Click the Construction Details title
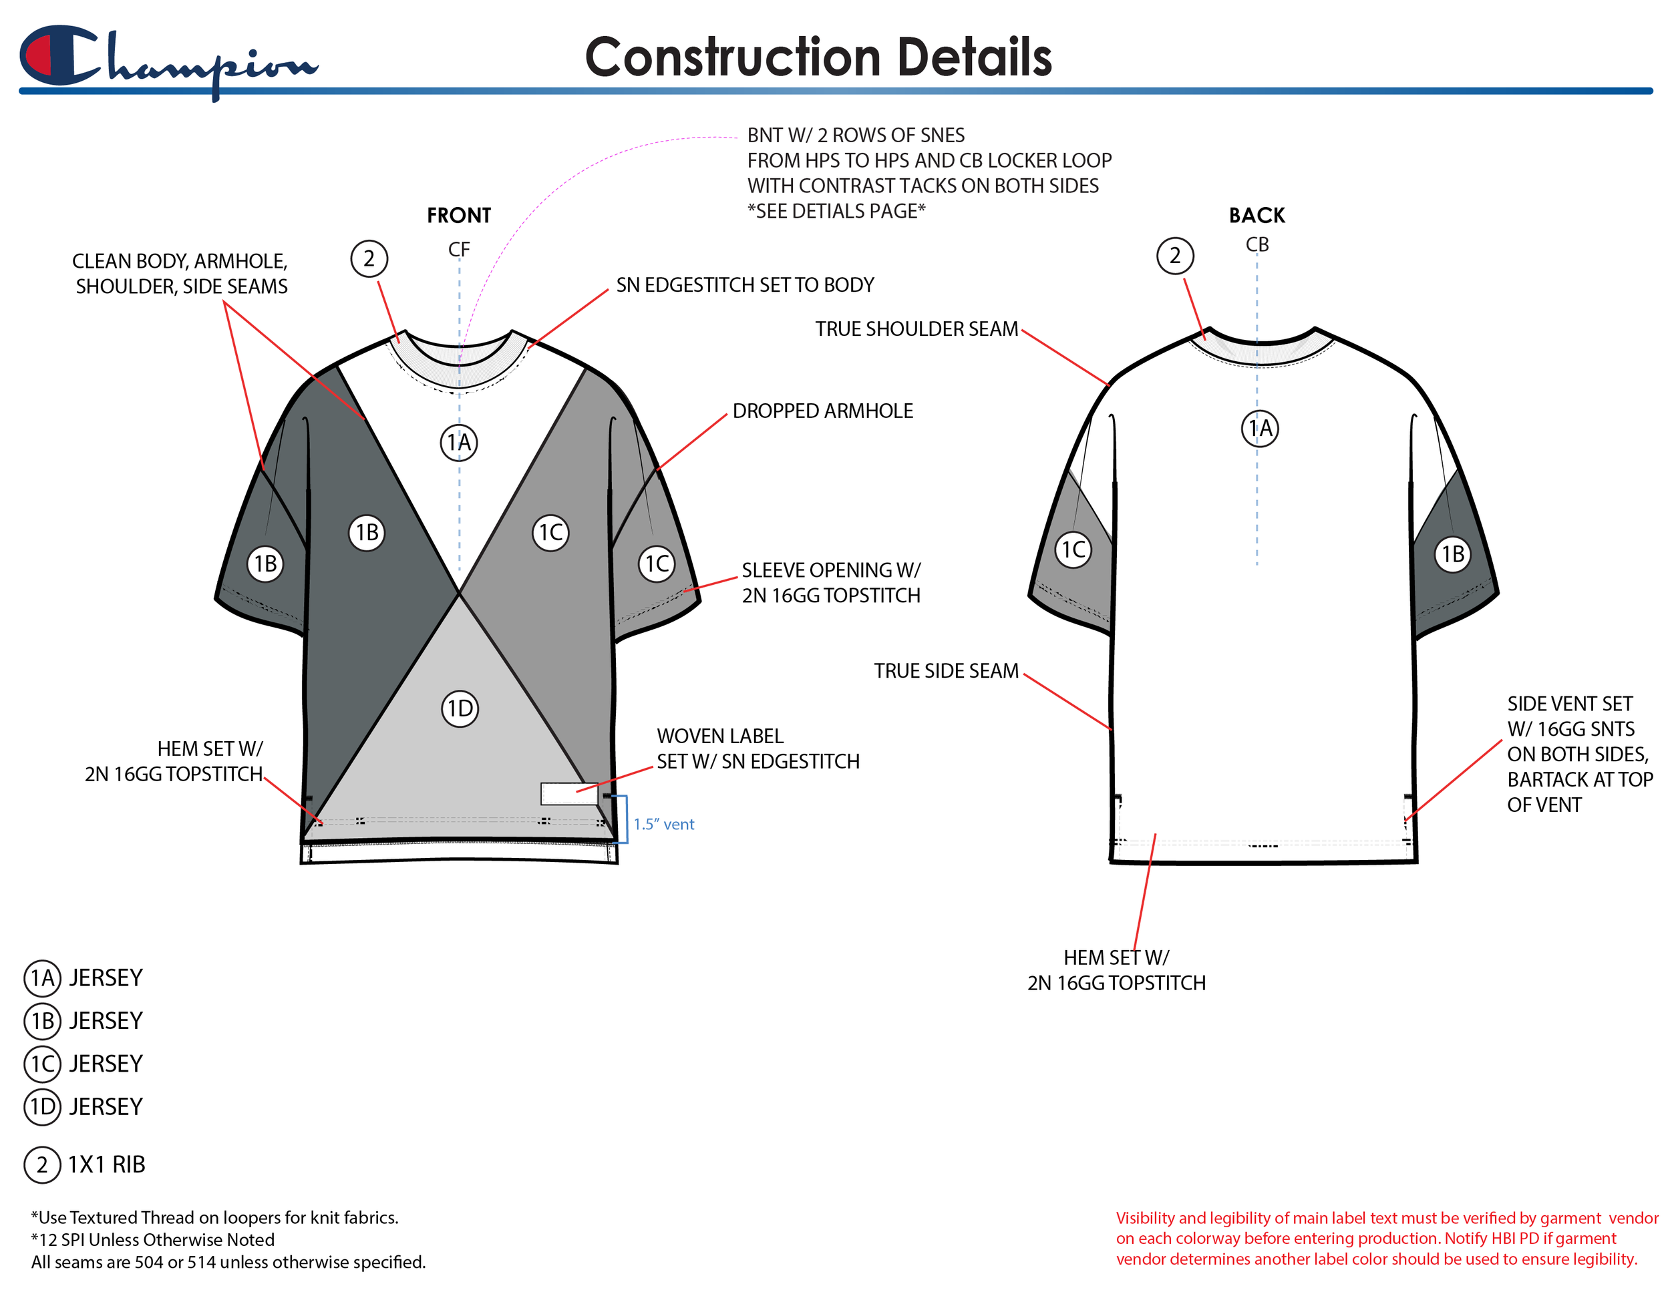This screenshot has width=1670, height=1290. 818,58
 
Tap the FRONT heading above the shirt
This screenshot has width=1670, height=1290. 459,216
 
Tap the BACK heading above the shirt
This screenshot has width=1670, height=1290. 1257,216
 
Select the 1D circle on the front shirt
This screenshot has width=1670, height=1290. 460,708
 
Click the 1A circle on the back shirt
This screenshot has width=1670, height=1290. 1259,428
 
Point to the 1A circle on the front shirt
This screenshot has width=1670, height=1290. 459,443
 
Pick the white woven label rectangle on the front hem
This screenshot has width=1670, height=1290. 569,794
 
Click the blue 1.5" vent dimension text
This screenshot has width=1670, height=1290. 664,824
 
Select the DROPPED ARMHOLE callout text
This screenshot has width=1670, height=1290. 822,411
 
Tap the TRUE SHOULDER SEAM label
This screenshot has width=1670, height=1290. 916,329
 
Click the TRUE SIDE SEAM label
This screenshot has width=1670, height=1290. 946,671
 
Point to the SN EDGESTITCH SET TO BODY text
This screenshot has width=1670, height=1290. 744,285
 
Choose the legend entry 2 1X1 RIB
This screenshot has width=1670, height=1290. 85,1164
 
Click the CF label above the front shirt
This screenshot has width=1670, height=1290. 459,249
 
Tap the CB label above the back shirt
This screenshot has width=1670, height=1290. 1257,244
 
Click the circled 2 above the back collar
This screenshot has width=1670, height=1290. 1174,256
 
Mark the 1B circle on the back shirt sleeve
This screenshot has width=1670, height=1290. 1452,554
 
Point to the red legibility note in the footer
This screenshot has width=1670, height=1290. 1385,1238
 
